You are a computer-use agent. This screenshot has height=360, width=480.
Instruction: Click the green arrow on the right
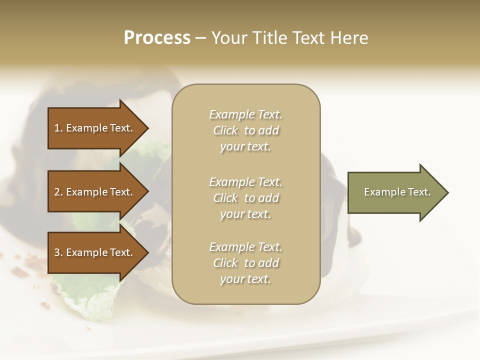(x=395, y=192)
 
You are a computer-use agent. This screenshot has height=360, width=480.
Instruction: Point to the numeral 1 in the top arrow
(x=57, y=128)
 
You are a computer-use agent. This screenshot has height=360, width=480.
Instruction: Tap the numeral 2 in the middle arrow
(x=57, y=192)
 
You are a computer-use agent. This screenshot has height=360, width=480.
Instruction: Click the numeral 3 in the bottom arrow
(x=57, y=252)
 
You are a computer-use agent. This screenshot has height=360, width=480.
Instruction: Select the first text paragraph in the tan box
(x=245, y=130)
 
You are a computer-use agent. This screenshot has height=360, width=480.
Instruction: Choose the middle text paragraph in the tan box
(x=245, y=198)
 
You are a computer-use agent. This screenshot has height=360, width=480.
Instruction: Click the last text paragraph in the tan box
(x=245, y=263)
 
